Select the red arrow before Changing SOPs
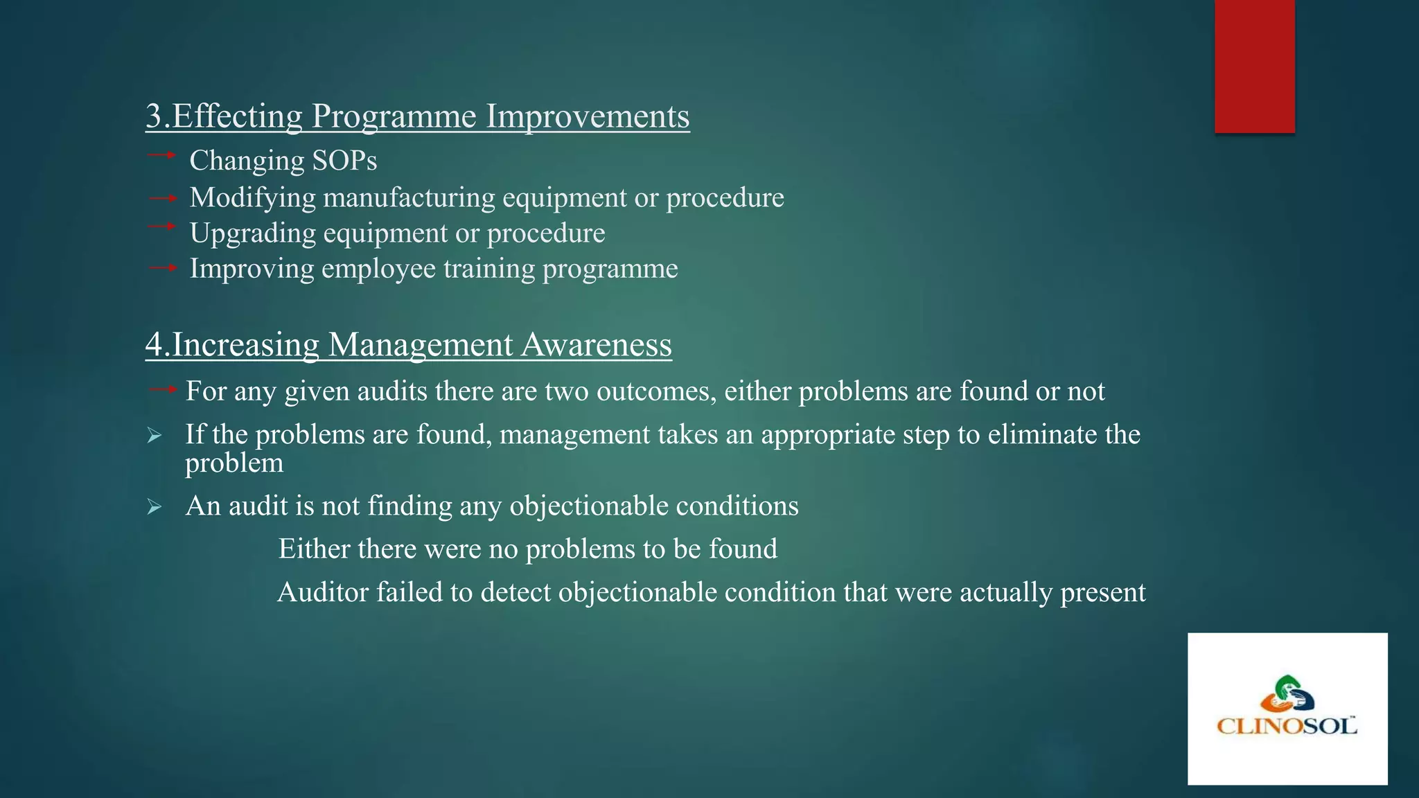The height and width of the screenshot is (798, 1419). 162,155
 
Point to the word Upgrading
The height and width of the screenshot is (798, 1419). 253,233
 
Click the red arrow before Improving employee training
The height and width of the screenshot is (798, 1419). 164,267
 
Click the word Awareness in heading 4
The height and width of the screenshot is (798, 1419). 596,345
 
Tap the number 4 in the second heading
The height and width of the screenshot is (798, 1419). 154,345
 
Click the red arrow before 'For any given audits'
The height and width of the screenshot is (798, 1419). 164,389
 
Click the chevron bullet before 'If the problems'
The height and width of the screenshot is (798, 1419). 155,436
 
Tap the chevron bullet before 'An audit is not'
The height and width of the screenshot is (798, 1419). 155,508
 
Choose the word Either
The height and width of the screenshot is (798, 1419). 314,549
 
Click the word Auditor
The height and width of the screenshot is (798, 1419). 322,593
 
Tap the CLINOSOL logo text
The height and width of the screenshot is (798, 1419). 1287,726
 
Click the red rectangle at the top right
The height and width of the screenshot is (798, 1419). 1254,66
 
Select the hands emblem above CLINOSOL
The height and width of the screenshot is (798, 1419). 1287,693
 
